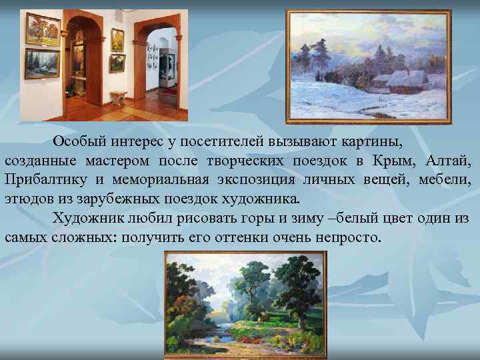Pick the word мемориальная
click(172, 180)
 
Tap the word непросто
click(346, 237)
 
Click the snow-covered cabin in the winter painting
click(404, 82)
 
